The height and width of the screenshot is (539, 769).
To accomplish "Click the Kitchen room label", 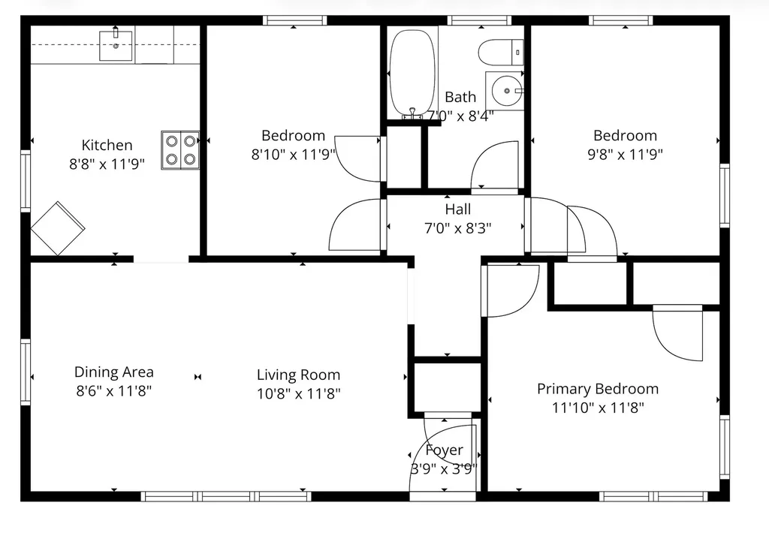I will click(x=107, y=146).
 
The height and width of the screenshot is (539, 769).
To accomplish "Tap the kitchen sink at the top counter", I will click(x=116, y=45).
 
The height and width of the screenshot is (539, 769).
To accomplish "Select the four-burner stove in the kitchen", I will click(x=180, y=150).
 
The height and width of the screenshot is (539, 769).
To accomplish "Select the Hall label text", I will click(x=458, y=210).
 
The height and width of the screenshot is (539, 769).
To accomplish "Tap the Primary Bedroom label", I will click(x=597, y=389).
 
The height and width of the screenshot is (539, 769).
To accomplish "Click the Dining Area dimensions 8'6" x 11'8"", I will click(x=114, y=390).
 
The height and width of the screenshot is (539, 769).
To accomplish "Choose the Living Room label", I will click(x=298, y=375).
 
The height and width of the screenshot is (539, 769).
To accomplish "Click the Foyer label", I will click(x=444, y=450).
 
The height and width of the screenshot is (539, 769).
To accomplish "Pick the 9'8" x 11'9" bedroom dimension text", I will click(x=625, y=154).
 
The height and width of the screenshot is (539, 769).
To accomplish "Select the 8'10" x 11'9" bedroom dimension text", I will click(x=293, y=154).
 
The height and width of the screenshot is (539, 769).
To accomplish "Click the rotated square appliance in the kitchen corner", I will click(x=58, y=228).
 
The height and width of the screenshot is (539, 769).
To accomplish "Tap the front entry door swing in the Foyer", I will click(x=443, y=458).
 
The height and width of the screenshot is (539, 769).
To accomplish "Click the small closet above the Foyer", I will click(x=448, y=387).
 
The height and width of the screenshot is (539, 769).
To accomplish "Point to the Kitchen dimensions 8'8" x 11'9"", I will click(x=107, y=163).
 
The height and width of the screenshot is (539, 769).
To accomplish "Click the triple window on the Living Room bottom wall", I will click(x=225, y=496).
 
